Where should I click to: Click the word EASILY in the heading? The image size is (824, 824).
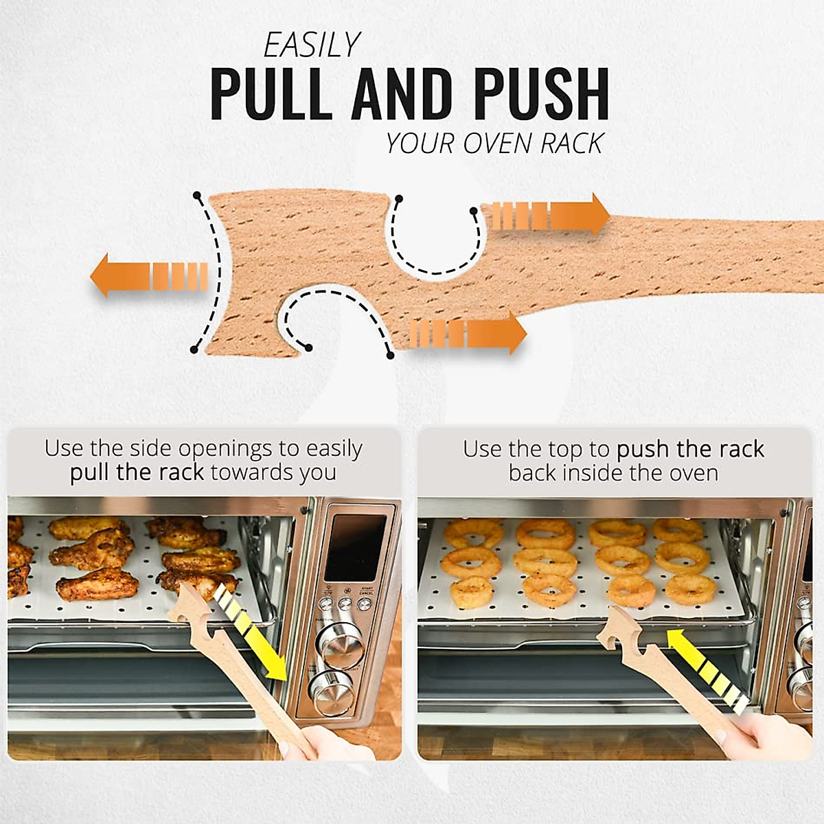point(312,45)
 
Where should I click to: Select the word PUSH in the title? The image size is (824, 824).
point(542,93)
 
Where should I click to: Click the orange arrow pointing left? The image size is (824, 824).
point(148,275)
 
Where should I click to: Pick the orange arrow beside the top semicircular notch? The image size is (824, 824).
point(546,215)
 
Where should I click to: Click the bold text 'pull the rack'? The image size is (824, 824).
point(137,473)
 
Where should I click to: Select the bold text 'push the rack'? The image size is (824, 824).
point(690,450)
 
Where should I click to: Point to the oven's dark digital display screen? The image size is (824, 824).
point(355,547)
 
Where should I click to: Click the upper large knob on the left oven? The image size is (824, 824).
point(341,646)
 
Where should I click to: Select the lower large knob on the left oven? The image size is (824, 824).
point(332,689)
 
